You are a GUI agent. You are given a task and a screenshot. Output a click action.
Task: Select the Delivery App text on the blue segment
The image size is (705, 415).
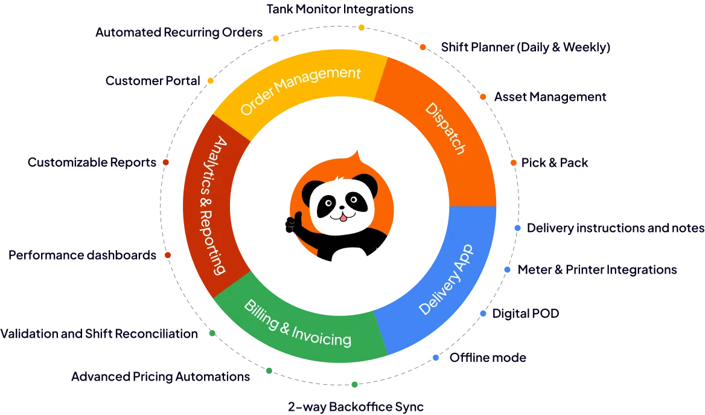[446, 279]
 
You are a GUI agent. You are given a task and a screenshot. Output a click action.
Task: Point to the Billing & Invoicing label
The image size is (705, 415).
[297, 323]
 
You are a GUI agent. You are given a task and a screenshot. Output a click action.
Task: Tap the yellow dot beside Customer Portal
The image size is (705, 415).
[211, 81]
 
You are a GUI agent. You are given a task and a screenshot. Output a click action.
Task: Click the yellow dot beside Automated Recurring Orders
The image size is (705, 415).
[276, 39]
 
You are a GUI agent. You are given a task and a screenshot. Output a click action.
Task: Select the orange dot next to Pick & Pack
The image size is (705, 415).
[513, 163]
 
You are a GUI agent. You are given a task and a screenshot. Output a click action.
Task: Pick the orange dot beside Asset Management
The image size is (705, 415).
[482, 97]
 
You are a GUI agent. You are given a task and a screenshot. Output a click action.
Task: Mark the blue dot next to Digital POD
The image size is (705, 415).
[483, 314]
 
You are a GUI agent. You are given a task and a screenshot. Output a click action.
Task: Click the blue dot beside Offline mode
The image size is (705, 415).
[435, 358]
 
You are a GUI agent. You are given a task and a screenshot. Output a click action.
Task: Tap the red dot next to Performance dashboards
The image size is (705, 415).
[168, 256]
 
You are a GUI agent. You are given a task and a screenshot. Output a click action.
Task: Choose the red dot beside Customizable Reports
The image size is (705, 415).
[165, 162]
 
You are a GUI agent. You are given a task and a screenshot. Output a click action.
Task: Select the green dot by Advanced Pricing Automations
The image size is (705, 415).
[269, 371]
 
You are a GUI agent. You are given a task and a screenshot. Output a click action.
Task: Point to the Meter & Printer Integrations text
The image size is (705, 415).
[598, 270]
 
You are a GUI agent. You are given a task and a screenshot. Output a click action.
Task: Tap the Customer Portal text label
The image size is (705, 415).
[152, 80]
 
